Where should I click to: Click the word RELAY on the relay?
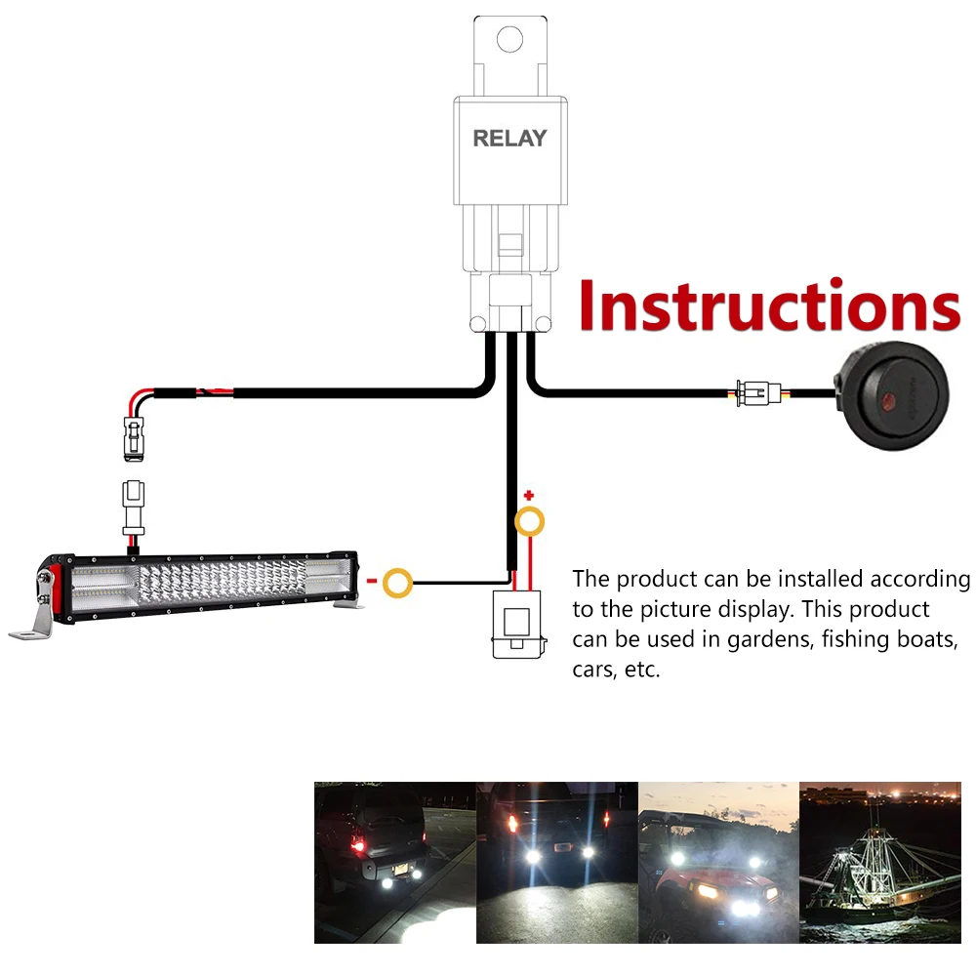pyautogui.click(x=509, y=139)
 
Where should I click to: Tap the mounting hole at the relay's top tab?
pyautogui.click(x=509, y=39)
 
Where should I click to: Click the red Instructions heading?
pyautogui.click(x=769, y=306)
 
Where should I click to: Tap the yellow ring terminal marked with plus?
pyautogui.click(x=529, y=522)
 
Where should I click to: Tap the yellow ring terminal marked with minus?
pyautogui.click(x=397, y=585)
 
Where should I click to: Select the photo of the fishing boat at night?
pyautogui.click(x=879, y=862)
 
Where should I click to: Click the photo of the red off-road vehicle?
pyautogui.click(x=718, y=862)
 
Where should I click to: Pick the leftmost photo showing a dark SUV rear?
pyautogui.click(x=394, y=862)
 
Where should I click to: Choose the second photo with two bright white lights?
pyautogui.click(x=556, y=862)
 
